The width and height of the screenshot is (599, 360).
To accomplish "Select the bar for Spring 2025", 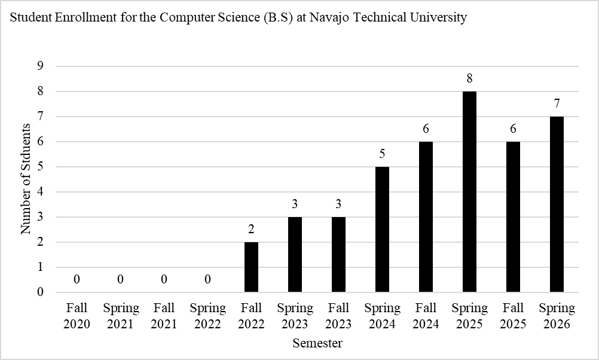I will click(470, 192).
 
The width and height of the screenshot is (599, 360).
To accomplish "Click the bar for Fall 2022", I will click(252, 267).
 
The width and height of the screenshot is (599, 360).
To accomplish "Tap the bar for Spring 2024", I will click(383, 230).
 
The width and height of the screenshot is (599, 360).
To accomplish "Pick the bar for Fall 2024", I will click(426, 217).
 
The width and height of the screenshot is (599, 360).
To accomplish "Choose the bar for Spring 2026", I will click(557, 205).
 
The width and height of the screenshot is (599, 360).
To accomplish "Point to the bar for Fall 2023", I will click(339, 255).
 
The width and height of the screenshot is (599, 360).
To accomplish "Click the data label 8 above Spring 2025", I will click(470, 78).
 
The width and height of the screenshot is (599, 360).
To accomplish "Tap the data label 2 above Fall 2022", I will click(252, 229).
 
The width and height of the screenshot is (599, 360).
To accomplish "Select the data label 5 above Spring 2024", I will click(383, 154).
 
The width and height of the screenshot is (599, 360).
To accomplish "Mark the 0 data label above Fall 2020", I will click(77, 279).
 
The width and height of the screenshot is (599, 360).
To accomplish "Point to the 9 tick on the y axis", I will click(41, 66).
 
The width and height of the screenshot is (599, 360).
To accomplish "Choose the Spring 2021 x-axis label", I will click(121, 316).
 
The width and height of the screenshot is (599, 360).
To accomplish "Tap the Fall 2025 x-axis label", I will click(514, 316).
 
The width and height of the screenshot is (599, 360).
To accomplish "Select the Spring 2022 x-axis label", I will click(208, 316).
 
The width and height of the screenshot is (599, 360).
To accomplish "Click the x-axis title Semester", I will click(317, 343).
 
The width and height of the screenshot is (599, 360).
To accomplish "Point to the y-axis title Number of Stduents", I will click(26, 179).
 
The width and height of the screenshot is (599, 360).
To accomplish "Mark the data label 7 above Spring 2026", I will click(557, 103).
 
